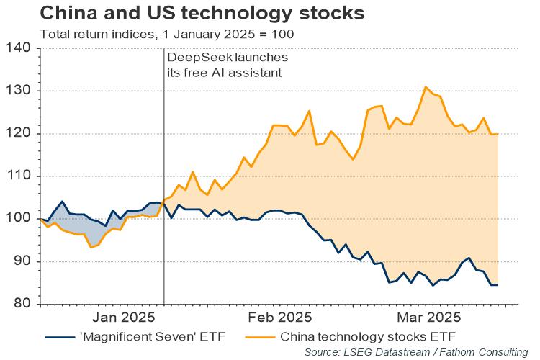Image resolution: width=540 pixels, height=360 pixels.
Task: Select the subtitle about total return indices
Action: pos(166,34)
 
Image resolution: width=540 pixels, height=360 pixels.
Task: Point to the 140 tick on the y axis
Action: pos(21,49)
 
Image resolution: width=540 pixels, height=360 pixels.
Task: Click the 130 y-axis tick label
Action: pos(21,91)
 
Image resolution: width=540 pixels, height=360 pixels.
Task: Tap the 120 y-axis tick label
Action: pos(21,134)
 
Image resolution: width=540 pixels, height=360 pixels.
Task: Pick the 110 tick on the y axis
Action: pos(21,176)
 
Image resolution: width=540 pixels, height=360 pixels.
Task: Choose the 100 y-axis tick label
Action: pos(21,219)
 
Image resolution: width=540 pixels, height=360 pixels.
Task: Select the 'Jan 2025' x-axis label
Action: pos(124,317)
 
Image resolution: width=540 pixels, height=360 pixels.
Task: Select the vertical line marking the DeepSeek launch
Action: pos(164,180)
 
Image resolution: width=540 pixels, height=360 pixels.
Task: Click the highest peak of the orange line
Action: pos(426,87)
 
